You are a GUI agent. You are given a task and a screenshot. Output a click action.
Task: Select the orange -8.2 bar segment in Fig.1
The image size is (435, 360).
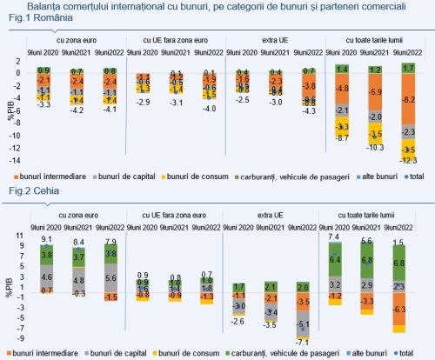pos(407,101)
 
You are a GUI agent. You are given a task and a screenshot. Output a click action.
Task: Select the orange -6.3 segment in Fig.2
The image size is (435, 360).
pos(399,310)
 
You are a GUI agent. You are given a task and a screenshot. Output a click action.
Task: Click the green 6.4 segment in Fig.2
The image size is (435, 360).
pos(333,259)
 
